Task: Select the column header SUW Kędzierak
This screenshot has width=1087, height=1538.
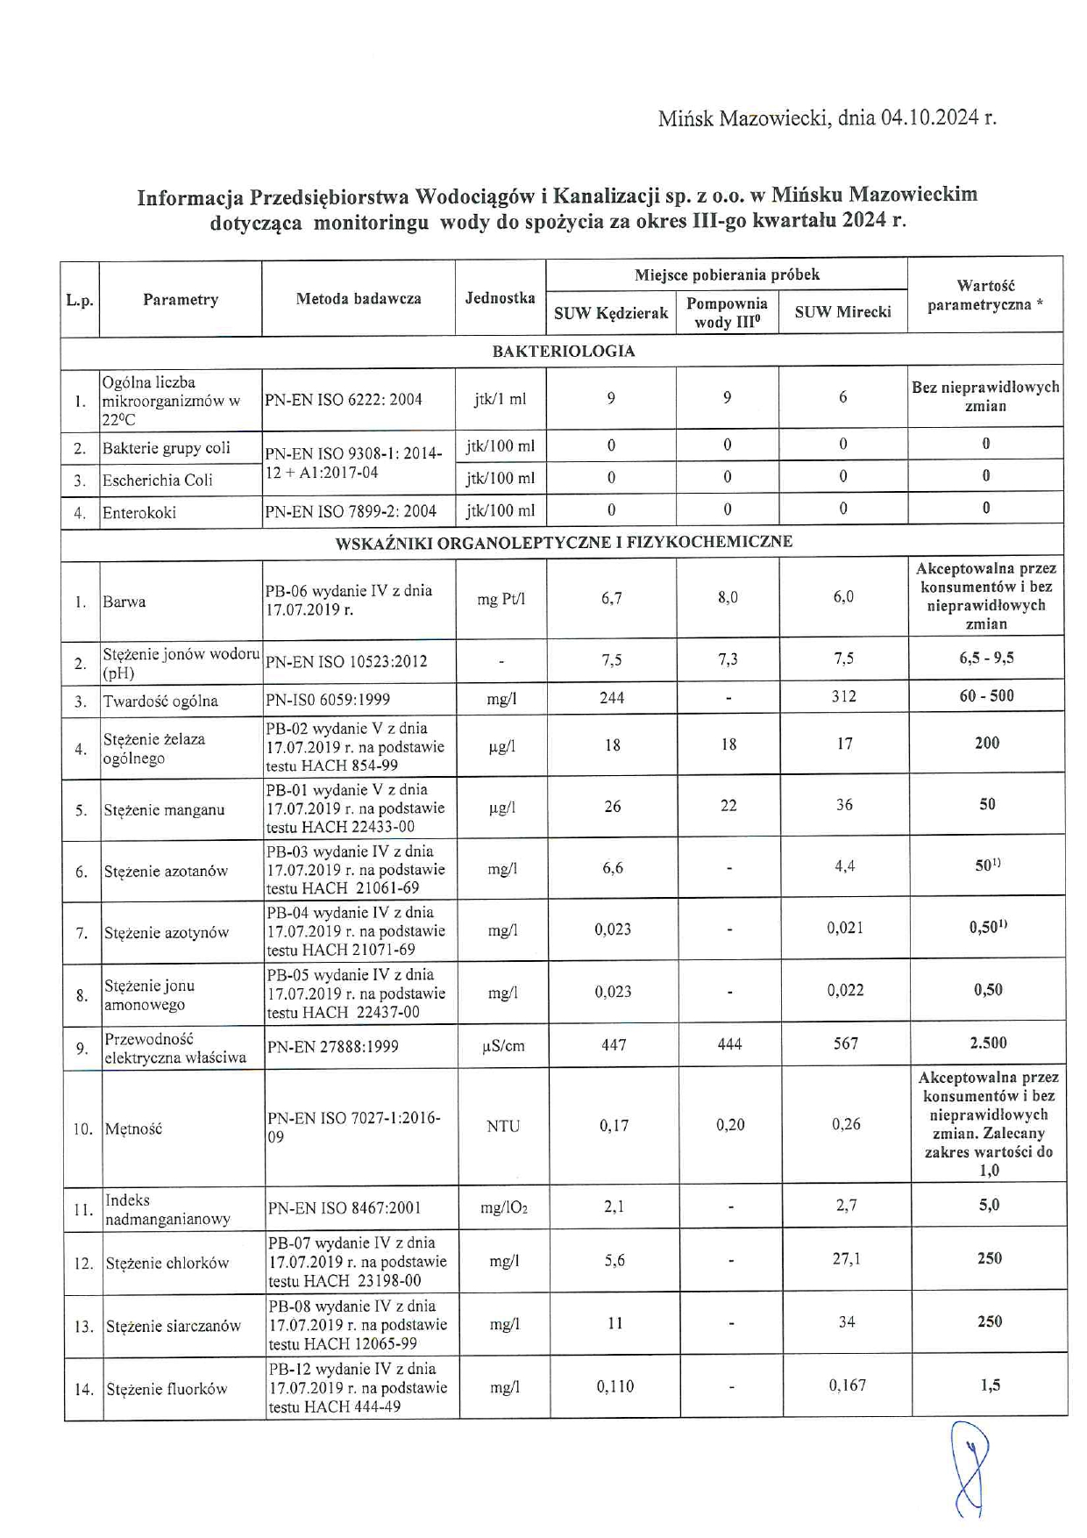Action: [x=611, y=313]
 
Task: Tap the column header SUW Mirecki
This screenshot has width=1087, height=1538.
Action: [x=842, y=311]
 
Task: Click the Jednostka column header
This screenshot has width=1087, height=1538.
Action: [x=500, y=298]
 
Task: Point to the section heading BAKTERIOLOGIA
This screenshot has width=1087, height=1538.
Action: [x=563, y=351]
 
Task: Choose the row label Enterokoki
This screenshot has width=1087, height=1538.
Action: [x=139, y=512]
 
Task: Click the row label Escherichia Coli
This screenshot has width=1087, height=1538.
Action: [x=157, y=480]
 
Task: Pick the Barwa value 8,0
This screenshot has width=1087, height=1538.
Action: [x=728, y=597]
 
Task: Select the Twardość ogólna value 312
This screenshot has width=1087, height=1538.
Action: [x=843, y=696]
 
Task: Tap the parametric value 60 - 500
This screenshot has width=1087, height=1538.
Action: [x=986, y=696]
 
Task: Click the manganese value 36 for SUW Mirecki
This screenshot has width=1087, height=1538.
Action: [x=844, y=805]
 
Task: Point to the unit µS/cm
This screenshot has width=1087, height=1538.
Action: [x=503, y=1046]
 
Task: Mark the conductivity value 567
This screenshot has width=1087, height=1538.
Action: [x=846, y=1043]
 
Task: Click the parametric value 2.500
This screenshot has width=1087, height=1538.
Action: [x=988, y=1043]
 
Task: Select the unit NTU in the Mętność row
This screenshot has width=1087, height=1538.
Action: [x=503, y=1126]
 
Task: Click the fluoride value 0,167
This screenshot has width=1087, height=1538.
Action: [x=847, y=1385]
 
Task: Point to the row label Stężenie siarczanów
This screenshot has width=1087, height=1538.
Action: [x=173, y=1326]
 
